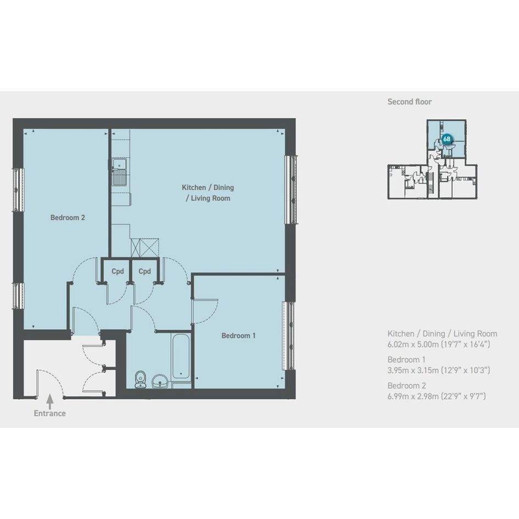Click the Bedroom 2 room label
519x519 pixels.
click(x=68, y=217)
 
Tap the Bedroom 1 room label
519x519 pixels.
click(x=238, y=336)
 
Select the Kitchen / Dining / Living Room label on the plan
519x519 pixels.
click(x=208, y=193)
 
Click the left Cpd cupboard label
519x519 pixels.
click(x=118, y=271)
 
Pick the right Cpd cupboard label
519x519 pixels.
click(x=144, y=271)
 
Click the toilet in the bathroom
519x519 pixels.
click(x=141, y=380)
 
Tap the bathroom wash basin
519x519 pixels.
click(x=160, y=382)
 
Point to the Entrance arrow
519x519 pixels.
click(x=49, y=401)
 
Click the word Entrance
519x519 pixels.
click(x=49, y=414)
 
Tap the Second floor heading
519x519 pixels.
click(x=410, y=102)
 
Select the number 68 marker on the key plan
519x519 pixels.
click(x=447, y=139)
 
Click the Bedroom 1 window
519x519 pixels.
click(x=288, y=336)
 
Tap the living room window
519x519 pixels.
click(x=291, y=189)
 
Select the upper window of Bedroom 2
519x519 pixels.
click(x=19, y=189)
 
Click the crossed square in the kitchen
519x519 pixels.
click(x=145, y=248)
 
